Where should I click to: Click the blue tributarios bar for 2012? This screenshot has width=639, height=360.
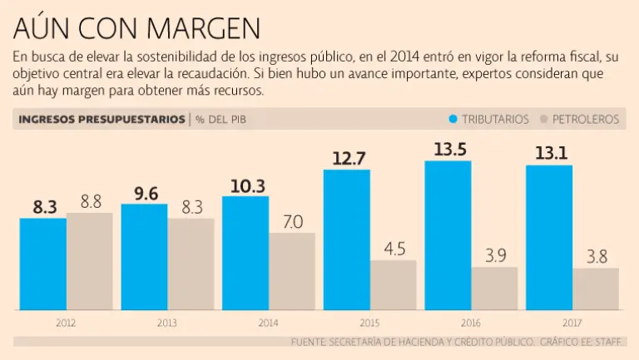[43, 264]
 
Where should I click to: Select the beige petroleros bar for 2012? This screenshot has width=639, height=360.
[90, 261]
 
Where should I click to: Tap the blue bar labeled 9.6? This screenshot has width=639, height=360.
[144, 257]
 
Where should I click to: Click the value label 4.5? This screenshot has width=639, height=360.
[394, 249]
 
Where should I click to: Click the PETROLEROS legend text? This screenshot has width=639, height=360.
[586, 119]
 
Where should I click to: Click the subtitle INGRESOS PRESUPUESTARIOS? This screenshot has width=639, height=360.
[102, 119]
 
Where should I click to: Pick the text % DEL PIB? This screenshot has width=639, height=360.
[221, 119]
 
